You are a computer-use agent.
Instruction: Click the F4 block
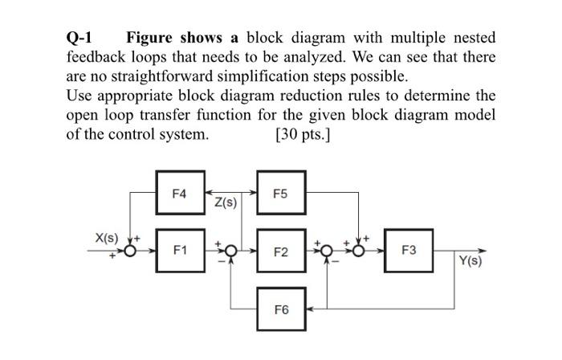179,194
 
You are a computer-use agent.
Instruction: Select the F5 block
279,194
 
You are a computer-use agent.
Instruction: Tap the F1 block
179,251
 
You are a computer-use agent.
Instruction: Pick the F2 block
279,251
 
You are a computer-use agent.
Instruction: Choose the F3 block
409,251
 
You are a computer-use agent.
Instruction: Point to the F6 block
279,308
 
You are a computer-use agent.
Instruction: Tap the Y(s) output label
470,262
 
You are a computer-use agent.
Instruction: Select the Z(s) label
225,202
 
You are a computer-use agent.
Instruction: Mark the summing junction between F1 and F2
230,252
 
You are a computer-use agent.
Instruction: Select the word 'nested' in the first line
471,38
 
